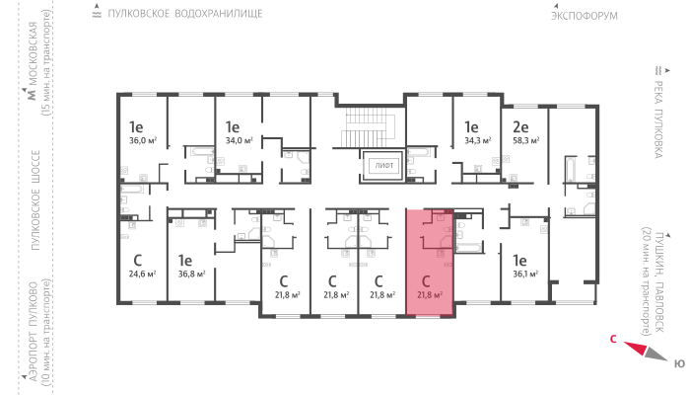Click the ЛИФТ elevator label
point(383,166)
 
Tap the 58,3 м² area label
point(525,140)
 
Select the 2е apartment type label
point(520,127)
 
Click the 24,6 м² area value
point(142,274)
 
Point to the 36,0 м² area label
point(143,140)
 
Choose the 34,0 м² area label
point(239,140)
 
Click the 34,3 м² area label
point(477,140)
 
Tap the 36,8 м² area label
point(191,274)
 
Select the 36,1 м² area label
point(525,274)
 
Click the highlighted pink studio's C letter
point(426,280)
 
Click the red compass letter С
point(613,339)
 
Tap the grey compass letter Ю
point(679,363)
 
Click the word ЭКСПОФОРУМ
point(585,16)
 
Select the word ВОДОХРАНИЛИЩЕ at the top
point(219,14)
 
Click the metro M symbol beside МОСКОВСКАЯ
point(32,94)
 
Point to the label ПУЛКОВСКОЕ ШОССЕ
point(35,200)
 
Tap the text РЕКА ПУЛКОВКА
point(658,119)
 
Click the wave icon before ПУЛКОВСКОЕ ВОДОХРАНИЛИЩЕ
point(97,14)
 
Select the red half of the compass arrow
point(636,348)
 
